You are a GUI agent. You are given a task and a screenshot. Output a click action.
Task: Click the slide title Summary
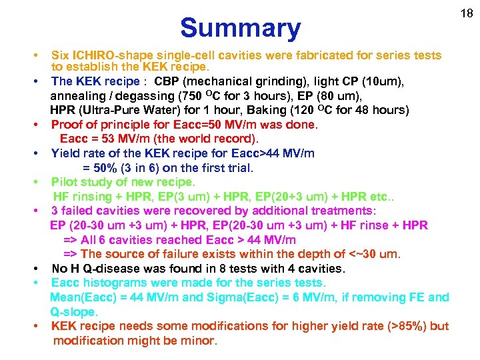coord(240,28)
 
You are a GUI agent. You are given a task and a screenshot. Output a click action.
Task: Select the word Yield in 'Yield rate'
coord(66,153)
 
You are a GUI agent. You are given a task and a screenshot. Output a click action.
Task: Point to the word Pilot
coord(65,182)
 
